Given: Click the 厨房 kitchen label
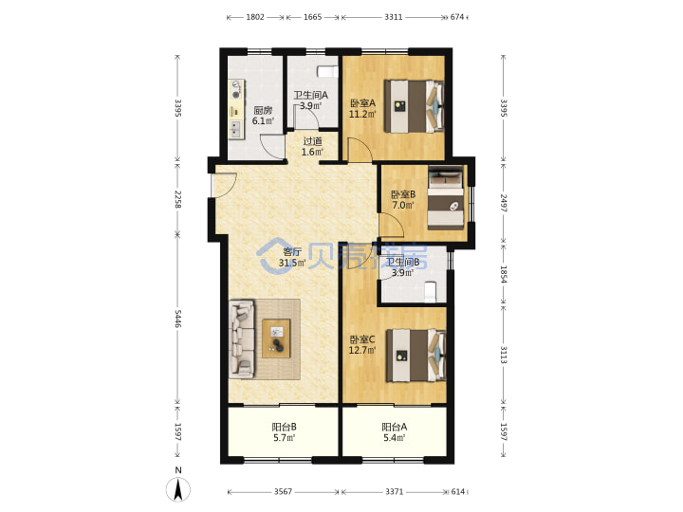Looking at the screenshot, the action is [263, 110].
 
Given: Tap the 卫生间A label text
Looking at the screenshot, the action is [310, 95].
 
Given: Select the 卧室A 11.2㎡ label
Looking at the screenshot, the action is [362, 108].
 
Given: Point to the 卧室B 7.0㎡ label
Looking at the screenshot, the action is [403, 199].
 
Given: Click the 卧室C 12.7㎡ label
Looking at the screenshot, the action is [362, 344].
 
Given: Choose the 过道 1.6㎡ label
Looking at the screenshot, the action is [313, 146].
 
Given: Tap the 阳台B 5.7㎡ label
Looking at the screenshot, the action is [285, 432].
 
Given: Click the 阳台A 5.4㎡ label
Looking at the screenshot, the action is [395, 432].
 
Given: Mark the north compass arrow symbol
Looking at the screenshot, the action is [178, 489].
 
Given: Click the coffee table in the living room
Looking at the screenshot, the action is [276, 338].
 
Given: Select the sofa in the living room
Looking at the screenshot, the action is [242, 338].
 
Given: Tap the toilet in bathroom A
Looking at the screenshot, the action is [327, 71].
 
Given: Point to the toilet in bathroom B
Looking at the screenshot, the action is [430, 291].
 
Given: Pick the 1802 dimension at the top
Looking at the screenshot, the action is [255, 17].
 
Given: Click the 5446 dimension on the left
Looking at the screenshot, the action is [177, 319].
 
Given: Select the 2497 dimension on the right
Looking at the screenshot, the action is [503, 203].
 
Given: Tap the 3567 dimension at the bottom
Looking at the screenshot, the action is [283, 491].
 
